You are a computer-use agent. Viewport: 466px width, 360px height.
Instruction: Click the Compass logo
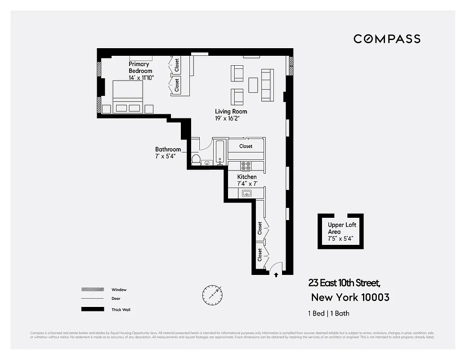click(x=387, y=39)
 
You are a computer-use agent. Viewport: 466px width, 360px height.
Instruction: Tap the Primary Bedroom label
click(x=140, y=67)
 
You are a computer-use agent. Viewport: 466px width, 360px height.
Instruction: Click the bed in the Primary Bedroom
click(x=128, y=96)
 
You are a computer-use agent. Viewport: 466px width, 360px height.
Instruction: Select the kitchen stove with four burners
click(x=246, y=166)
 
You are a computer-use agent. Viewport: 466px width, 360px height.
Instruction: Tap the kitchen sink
click(x=246, y=193)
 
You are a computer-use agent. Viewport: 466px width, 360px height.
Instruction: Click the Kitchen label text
click(x=247, y=177)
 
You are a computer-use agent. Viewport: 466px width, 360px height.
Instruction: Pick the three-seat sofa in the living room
click(x=267, y=85)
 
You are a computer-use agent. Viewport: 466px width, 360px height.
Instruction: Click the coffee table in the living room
click(x=253, y=85)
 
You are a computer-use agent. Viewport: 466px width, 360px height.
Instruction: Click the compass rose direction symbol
click(x=212, y=294)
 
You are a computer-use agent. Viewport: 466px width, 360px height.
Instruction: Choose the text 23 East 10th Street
click(x=344, y=283)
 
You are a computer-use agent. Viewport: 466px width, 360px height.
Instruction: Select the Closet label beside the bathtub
click(x=246, y=146)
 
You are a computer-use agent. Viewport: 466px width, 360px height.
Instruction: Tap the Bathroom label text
click(x=168, y=149)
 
